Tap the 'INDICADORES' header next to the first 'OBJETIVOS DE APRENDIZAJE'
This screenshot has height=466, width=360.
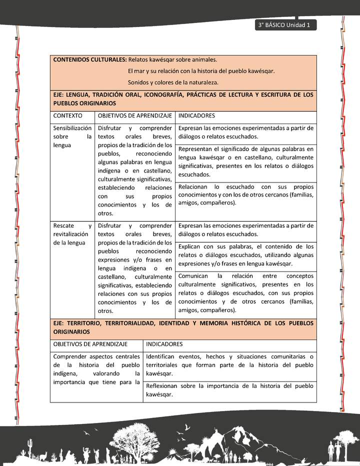[x=196, y=115]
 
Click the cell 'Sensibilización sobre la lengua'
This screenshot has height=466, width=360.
[x=72, y=136]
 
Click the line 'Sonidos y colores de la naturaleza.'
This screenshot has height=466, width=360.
[x=173, y=82]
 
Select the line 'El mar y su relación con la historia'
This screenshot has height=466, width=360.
[x=201, y=70]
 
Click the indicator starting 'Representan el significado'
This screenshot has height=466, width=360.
[x=245, y=162]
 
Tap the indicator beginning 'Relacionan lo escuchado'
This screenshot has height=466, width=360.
[x=245, y=194]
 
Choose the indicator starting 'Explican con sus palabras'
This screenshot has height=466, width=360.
[x=245, y=255]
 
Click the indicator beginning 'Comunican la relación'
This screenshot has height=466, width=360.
[x=245, y=292]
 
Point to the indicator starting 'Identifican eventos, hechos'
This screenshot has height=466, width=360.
[x=230, y=364]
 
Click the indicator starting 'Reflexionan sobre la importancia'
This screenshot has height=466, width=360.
[x=230, y=390]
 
